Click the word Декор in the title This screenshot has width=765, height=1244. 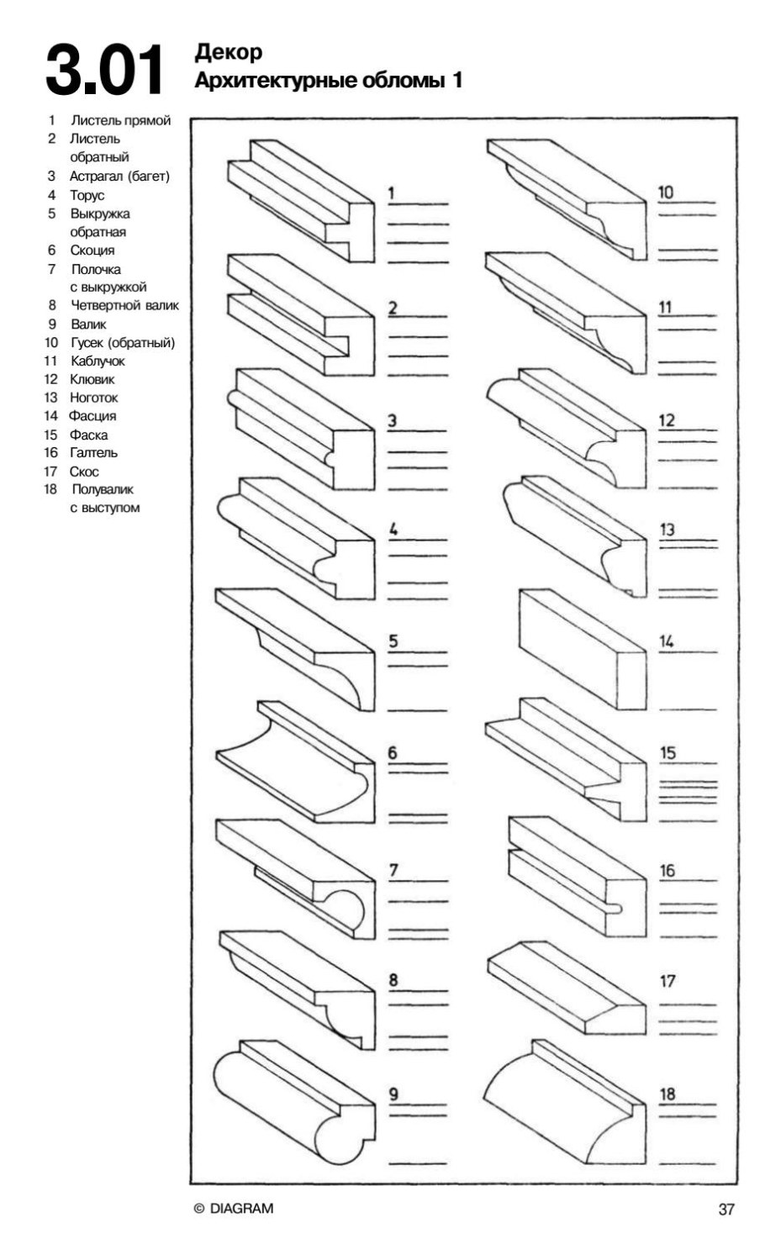[x=228, y=52]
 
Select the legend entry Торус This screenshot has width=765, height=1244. [x=87, y=195]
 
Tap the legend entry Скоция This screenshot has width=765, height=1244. [x=92, y=250]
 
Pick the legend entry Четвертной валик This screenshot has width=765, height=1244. [x=124, y=305]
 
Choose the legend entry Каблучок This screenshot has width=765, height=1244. [x=98, y=361]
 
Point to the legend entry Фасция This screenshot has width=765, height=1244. [x=92, y=416]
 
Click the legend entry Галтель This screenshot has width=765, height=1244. [x=93, y=452]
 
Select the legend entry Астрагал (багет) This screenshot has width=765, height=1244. [x=119, y=177]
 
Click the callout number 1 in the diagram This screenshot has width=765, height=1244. [x=391, y=193]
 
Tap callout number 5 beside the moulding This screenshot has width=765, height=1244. [x=393, y=641]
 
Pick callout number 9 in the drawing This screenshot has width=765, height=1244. [x=393, y=1094]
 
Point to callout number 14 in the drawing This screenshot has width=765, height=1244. [x=666, y=641]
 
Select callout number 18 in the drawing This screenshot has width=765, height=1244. [x=667, y=1094]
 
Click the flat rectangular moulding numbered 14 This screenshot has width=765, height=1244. [x=580, y=647]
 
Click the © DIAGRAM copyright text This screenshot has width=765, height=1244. [x=234, y=1209]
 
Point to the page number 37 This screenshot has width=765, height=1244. [x=726, y=1210]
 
